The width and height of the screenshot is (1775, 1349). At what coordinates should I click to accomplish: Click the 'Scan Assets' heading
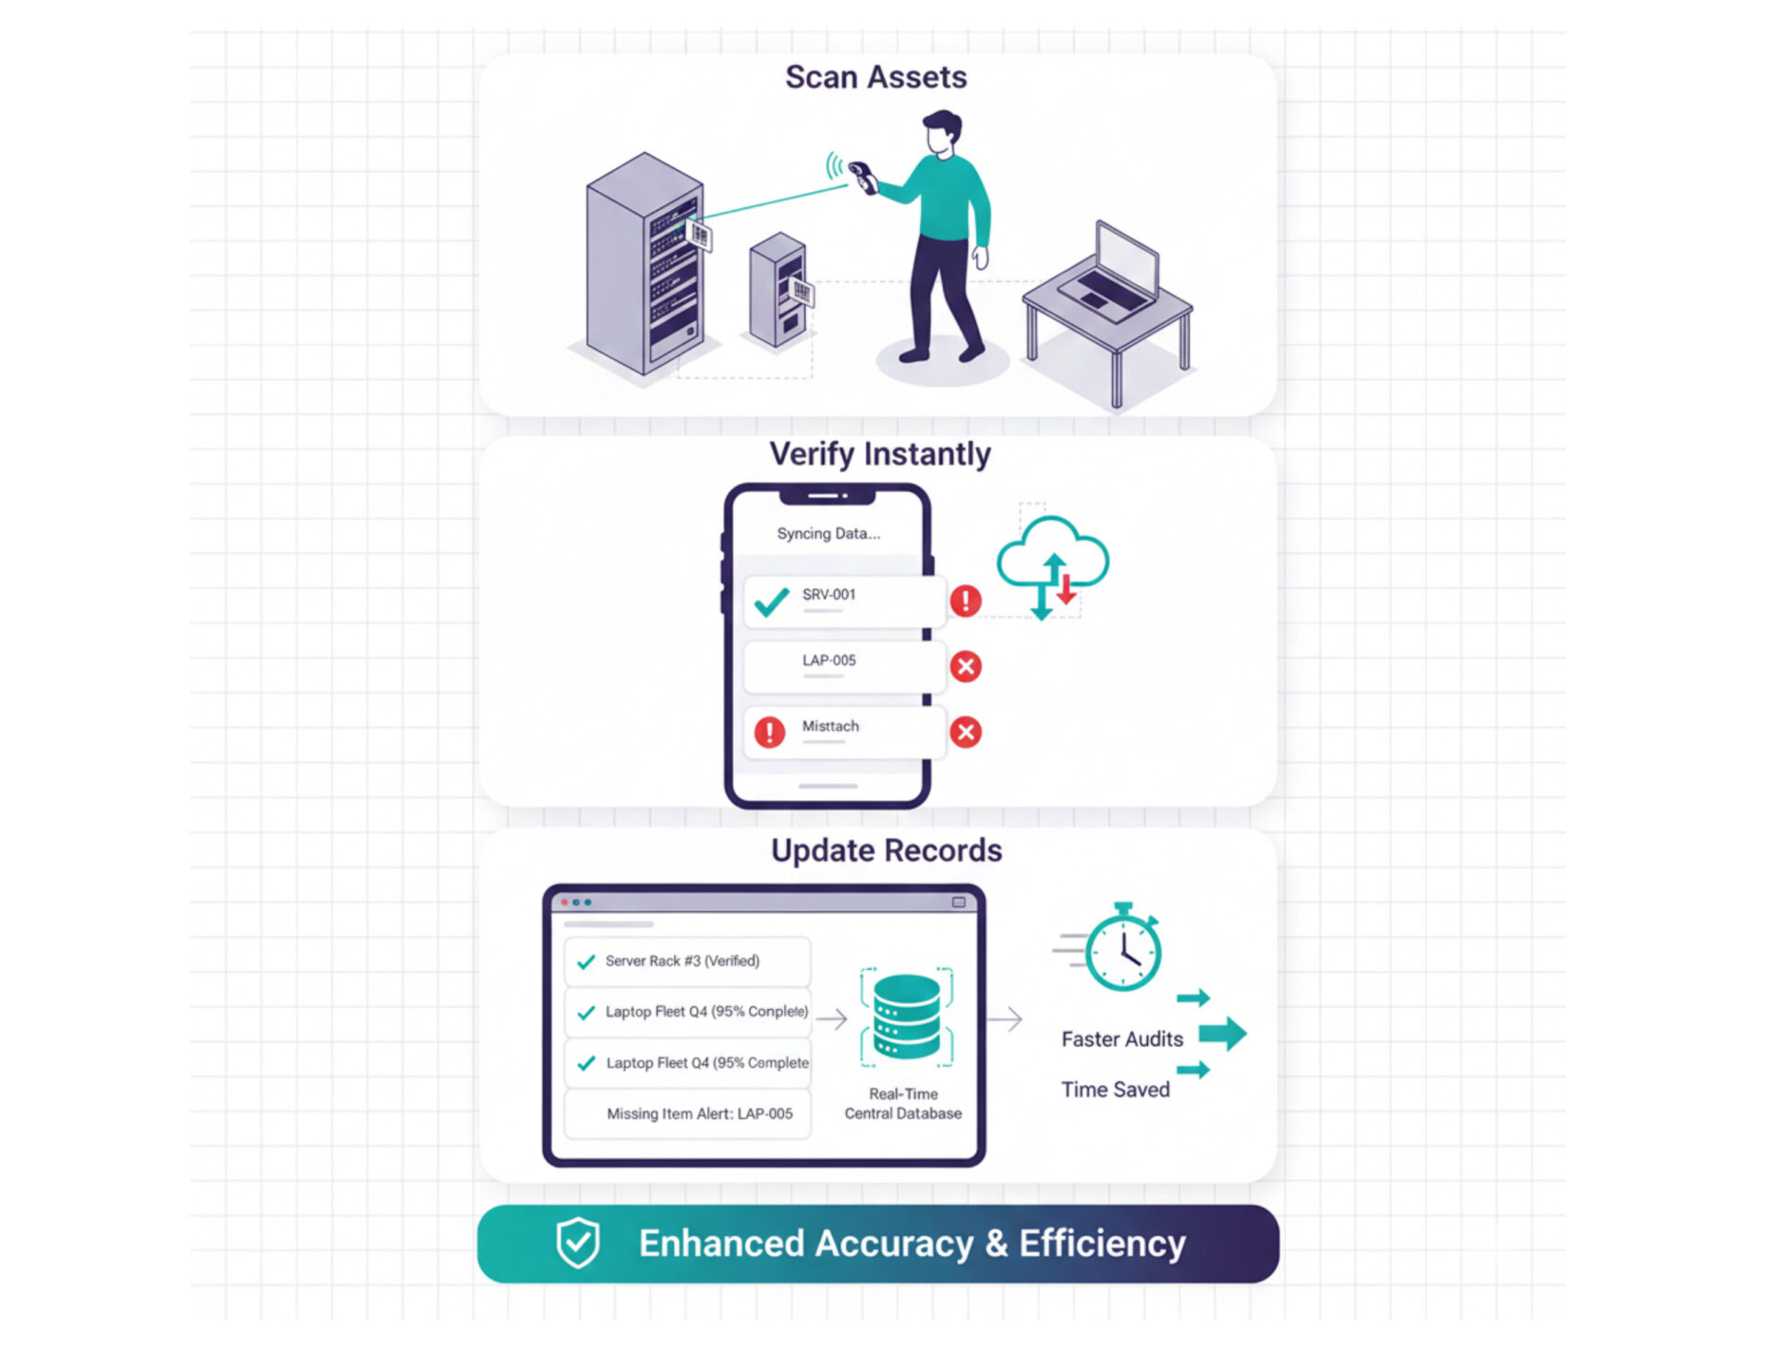pos(875,77)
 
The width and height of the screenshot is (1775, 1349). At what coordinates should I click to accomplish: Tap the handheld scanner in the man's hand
pos(863,176)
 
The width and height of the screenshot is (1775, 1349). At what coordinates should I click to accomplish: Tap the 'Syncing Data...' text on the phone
pos(828,533)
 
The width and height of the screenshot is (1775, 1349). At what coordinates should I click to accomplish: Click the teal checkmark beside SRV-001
pos(771,602)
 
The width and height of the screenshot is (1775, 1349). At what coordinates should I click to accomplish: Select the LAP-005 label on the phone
pos(828,661)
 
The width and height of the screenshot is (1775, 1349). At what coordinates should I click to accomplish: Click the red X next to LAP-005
pos(965,666)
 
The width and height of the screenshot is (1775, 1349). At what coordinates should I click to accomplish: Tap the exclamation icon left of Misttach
pos(769,732)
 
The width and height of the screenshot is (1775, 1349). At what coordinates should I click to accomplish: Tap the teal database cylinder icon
pos(906,1016)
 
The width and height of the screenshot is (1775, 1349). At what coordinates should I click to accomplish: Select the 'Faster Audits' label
pos(1121,1039)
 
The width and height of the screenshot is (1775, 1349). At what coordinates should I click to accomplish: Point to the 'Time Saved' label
pos(1115,1089)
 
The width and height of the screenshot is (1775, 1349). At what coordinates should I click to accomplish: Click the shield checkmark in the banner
pos(578,1243)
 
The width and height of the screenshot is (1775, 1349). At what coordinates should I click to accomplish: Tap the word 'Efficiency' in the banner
pos(1102,1244)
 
